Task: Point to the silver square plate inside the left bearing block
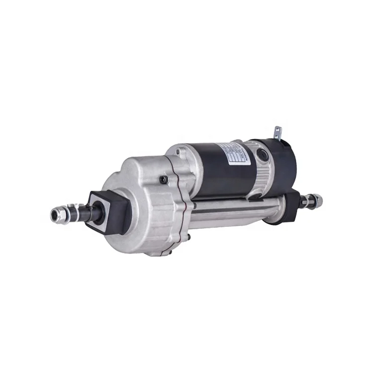[x=106, y=210]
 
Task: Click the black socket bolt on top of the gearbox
[x=164, y=180]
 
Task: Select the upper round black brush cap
[x=263, y=155]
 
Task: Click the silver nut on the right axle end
[x=315, y=201]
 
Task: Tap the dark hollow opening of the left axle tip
[x=54, y=215]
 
